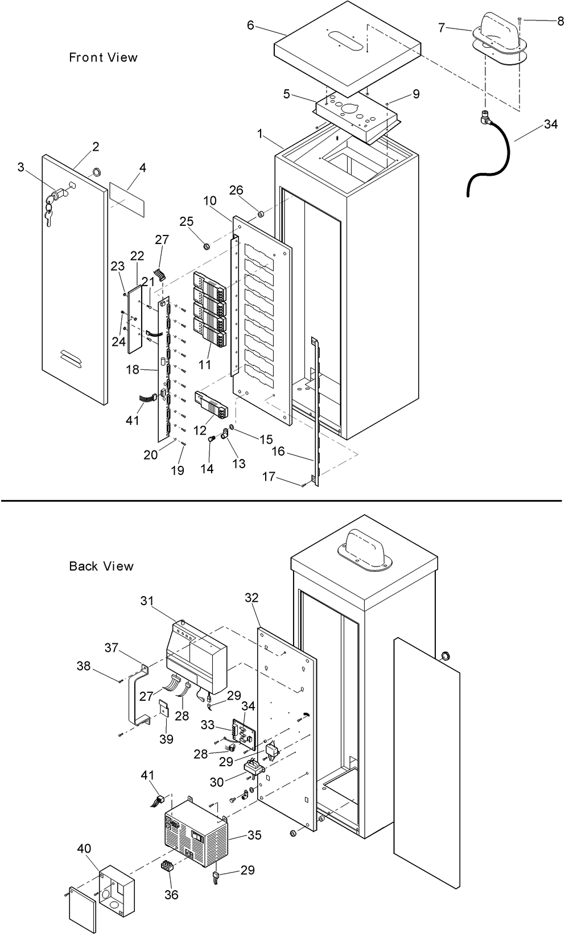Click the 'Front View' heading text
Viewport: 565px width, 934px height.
click(103, 57)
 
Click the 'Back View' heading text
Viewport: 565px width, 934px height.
click(101, 566)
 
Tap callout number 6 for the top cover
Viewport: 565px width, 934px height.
click(250, 25)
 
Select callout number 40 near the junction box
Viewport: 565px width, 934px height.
click(84, 849)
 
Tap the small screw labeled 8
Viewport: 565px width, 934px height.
click(519, 20)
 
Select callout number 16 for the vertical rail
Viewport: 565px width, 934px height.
click(278, 451)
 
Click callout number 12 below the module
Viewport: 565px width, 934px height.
click(200, 431)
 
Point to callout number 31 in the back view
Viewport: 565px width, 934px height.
click(147, 601)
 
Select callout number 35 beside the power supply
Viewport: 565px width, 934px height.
click(254, 835)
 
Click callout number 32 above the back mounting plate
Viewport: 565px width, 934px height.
click(251, 597)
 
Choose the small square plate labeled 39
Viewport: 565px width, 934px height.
click(164, 709)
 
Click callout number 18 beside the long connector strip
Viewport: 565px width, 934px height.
click(133, 370)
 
